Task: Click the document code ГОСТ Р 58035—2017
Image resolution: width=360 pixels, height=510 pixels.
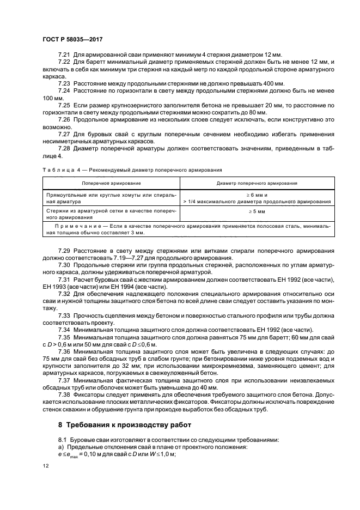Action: pyautogui.click(x=72, y=40)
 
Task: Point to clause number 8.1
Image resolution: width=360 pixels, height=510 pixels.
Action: pyautogui.click(x=63, y=439)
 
